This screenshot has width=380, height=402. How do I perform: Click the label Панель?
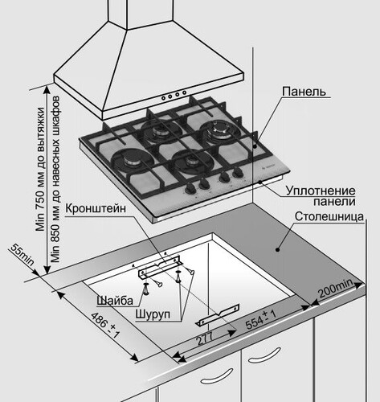click(304, 92)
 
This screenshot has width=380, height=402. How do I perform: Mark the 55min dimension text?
click(22, 256)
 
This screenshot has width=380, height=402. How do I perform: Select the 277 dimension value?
click(206, 338)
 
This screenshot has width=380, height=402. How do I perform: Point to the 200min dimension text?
click(335, 288)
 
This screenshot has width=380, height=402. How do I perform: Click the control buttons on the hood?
click(172, 96)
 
